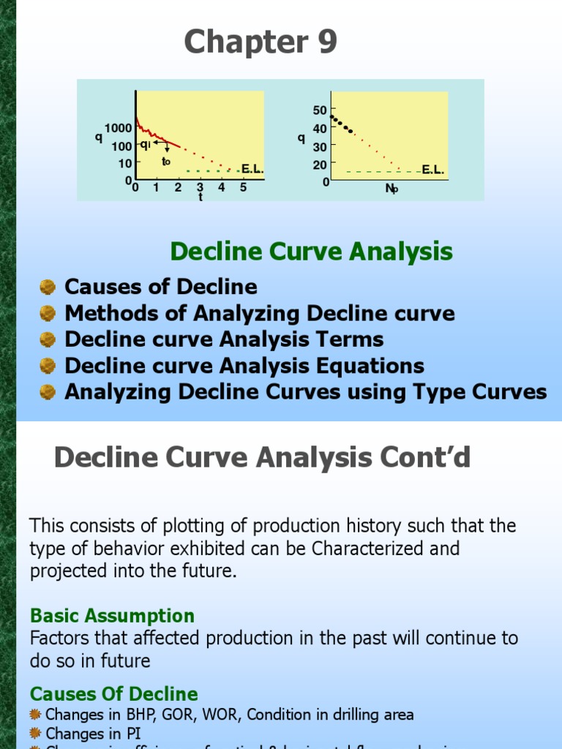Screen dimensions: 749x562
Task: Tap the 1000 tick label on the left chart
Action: (x=118, y=129)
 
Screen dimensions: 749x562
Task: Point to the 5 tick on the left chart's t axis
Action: (x=243, y=188)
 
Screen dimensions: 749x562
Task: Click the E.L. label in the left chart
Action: (x=252, y=170)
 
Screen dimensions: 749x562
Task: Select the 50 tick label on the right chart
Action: (x=320, y=110)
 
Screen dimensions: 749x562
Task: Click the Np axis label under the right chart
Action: (x=392, y=189)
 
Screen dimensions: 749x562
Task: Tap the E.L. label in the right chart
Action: (x=432, y=170)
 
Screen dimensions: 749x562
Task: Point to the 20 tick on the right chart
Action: (x=320, y=165)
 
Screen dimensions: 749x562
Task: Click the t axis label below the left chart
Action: (x=200, y=197)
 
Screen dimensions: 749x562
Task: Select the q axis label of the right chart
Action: (x=301, y=138)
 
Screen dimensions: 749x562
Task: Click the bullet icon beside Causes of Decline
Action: (x=48, y=287)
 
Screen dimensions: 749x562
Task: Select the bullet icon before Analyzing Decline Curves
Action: (x=48, y=392)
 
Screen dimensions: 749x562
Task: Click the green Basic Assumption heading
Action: (x=112, y=616)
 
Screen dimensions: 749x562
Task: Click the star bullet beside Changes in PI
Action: (x=36, y=733)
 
